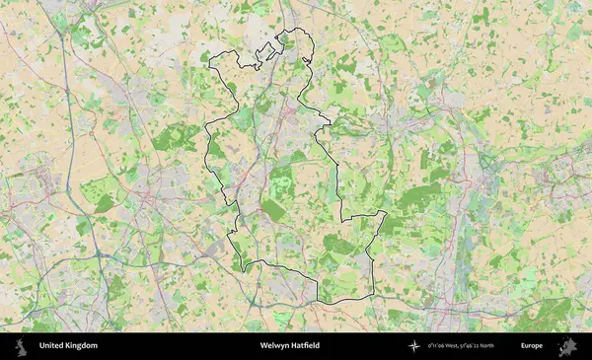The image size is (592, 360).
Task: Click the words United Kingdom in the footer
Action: tap(68, 346)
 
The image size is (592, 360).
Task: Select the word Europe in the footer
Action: tap(532, 346)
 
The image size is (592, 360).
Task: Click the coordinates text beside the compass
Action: tap(462, 346)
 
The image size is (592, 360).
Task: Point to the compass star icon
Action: tap(415, 346)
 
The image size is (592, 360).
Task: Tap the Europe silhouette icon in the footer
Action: tap(567, 346)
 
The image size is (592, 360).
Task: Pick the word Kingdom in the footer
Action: tap(81, 346)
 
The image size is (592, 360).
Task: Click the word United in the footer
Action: tap(50, 346)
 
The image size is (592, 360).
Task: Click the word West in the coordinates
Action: tap(452, 346)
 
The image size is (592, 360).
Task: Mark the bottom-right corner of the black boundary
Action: tap(373, 297)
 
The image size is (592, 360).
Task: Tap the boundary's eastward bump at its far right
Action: tap(385, 213)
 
